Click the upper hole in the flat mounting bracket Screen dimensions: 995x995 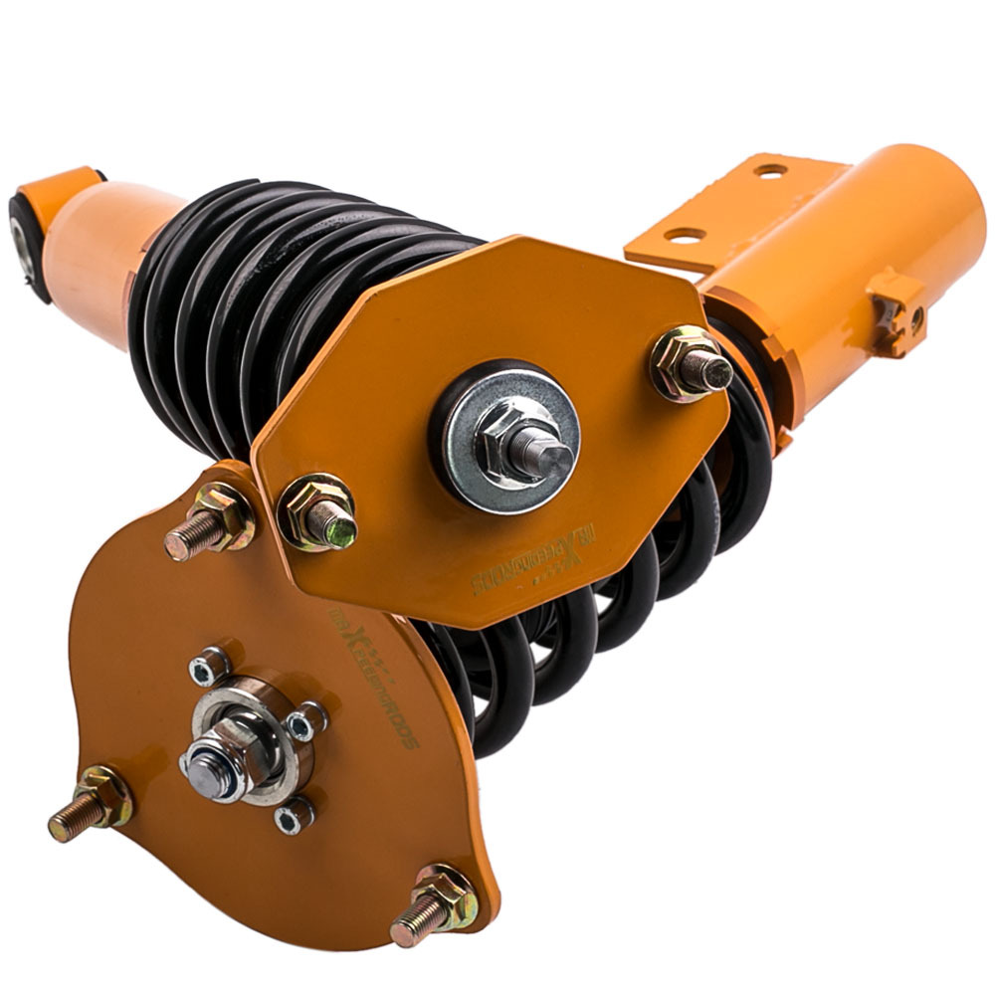pos(770,170)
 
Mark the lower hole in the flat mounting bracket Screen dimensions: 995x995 pos(685,236)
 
